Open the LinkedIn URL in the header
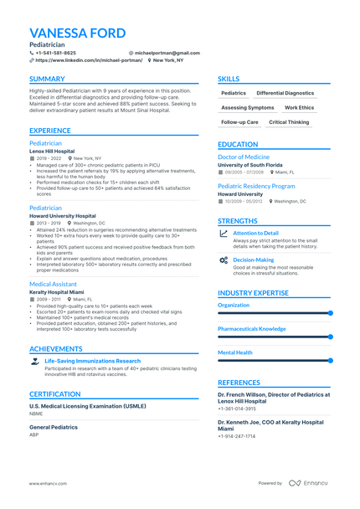tap(88, 60)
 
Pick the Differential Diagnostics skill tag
tap(285, 94)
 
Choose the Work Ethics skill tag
tap(300, 108)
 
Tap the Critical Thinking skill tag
tap(289, 122)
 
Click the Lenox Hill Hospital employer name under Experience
tap(52, 151)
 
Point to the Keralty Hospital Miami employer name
tap(58, 291)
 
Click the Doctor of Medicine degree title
tap(244, 157)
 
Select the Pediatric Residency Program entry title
tap(256, 186)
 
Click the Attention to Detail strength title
tap(255, 233)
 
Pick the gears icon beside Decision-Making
tap(223, 260)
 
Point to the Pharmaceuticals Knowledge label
tap(252, 329)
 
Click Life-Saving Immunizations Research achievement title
tap(92, 361)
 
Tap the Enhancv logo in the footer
tap(311, 482)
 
